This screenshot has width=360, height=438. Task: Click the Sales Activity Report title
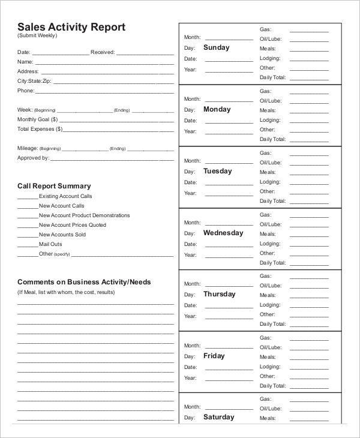[x=71, y=26]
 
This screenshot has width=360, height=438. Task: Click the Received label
[x=103, y=52]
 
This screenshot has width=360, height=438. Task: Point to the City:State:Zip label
[x=34, y=80]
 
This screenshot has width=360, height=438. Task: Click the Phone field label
[x=26, y=91]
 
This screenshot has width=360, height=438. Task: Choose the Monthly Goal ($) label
[x=40, y=119]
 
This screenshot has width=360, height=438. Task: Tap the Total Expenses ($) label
[x=40, y=129]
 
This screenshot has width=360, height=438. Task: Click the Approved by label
[x=33, y=158]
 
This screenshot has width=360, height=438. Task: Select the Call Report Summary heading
[x=54, y=186]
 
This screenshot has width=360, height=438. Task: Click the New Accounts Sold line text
[x=62, y=235]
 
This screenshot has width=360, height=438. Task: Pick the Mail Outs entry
[x=50, y=244]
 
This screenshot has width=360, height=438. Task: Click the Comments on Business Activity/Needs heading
[x=84, y=281]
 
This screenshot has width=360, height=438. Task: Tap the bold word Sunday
[x=216, y=47]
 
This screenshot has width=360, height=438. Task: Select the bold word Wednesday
[x=223, y=233]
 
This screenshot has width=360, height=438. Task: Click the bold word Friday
[x=214, y=356]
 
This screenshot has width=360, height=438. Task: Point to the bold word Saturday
[x=218, y=417]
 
